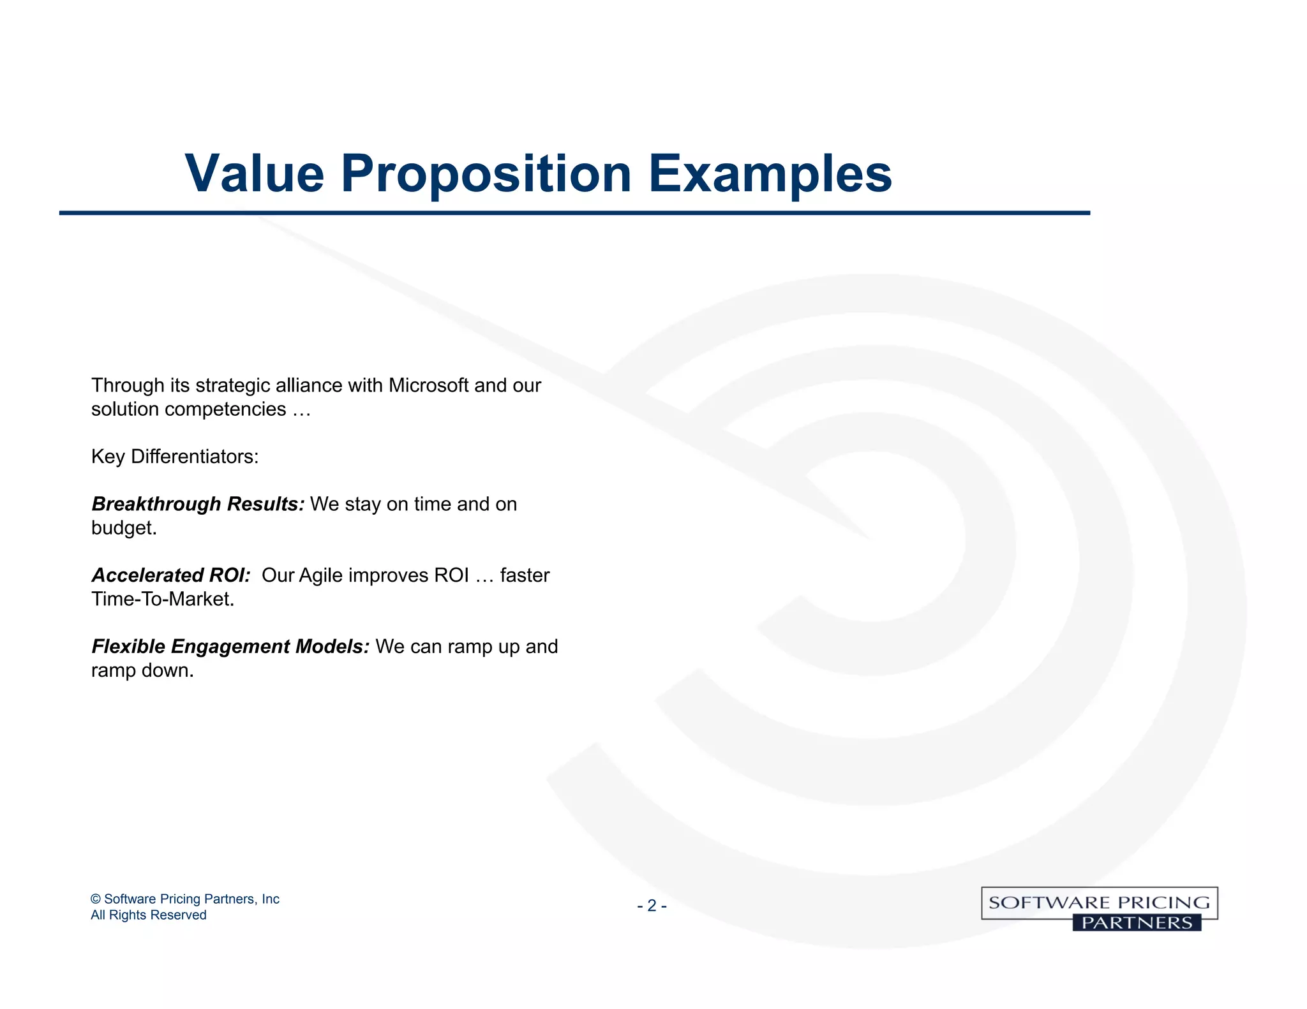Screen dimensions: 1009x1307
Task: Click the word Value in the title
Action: [254, 173]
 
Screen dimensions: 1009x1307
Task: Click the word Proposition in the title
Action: [486, 173]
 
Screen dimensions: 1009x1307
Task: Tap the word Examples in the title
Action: [770, 173]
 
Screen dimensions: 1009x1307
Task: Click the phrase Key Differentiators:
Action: [175, 457]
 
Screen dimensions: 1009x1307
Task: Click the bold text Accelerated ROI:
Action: [171, 575]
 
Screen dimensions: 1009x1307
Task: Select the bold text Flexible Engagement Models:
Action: [230, 647]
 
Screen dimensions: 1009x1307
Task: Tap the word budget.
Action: [123, 528]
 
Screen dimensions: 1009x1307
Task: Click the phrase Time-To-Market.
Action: [162, 600]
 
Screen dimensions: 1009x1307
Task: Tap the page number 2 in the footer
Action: [652, 906]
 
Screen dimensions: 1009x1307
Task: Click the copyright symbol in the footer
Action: [96, 899]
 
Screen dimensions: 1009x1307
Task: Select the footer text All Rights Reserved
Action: [148, 915]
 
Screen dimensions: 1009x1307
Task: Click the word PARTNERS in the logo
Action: [1137, 923]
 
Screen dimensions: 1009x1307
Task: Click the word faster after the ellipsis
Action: [524, 575]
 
